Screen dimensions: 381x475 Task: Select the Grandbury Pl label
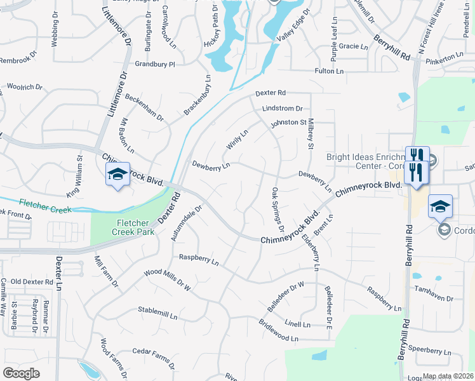(155, 64)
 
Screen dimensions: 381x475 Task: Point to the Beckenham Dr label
(145, 109)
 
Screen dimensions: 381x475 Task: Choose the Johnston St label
(289, 122)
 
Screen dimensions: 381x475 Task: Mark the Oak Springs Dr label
(278, 210)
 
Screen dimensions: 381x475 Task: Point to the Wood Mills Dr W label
(168, 280)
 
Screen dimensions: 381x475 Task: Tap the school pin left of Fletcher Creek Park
(117, 175)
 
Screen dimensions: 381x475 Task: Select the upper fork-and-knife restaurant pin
(417, 156)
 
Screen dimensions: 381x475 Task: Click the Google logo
(22, 373)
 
